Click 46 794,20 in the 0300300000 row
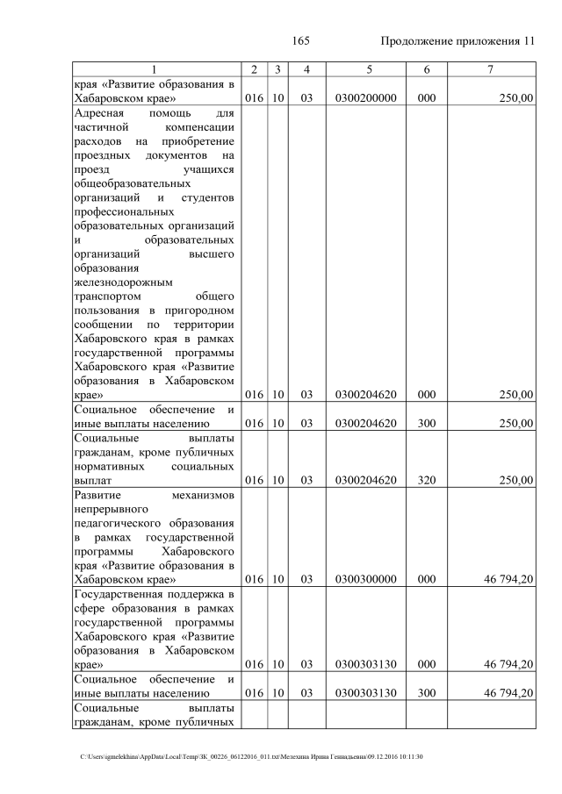coord(508,580)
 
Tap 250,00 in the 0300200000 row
coord(515,99)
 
